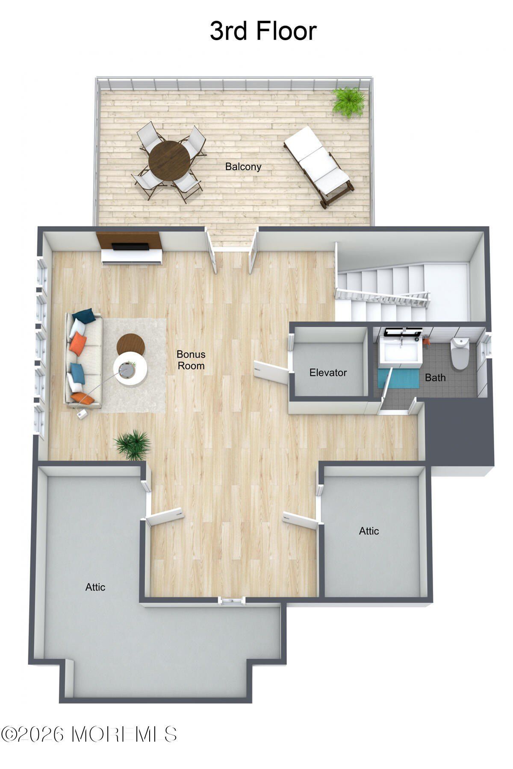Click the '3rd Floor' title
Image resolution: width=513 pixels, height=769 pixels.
pyautogui.click(x=263, y=31)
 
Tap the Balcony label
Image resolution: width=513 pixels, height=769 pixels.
pyautogui.click(x=243, y=167)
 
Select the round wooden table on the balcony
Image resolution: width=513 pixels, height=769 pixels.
pyautogui.click(x=169, y=161)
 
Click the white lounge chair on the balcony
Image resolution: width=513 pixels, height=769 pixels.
pyautogui.click(x=318, y=165)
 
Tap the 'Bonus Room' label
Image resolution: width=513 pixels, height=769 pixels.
pyautogui.click(x=191, y=360)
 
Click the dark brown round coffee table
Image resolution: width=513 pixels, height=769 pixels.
pyautogui.click(x=130, y=344)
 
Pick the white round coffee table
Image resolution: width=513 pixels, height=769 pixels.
pyautogui.click(x=130, y=369)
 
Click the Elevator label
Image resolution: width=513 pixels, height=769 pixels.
pyautogui.click(x=328, y=373)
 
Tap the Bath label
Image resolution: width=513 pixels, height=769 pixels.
pyautogui.click(x=435, y=378)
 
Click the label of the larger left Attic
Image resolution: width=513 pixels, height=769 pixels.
pyautogui.click(x=95, y=587)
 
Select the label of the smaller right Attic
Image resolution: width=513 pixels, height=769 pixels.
pyautogui.click(x=369, y=531)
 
